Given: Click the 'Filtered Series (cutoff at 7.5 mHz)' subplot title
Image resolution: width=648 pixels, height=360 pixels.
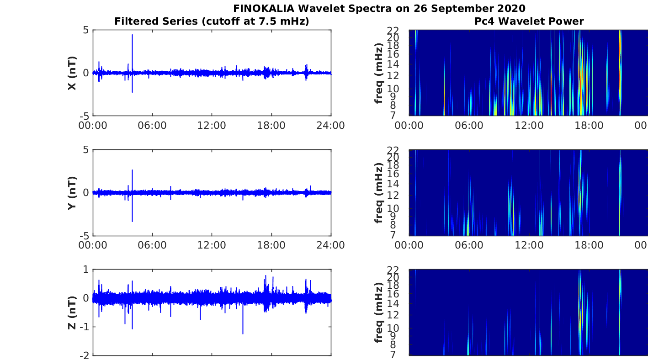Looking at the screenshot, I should (x=212, y=21).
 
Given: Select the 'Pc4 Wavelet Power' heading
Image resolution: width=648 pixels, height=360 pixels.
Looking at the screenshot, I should (x=529, y=21).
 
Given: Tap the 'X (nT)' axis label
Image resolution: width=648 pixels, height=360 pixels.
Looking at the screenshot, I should (x=72, y=73).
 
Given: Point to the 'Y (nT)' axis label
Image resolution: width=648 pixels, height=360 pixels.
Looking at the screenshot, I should (x=72, y=193).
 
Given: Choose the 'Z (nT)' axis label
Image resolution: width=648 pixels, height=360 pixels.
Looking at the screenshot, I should (x=72, y=312).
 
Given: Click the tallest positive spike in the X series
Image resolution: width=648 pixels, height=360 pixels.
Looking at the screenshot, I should (x=132, y=35).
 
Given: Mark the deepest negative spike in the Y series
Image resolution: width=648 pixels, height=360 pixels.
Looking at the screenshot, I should (x=132, y=221).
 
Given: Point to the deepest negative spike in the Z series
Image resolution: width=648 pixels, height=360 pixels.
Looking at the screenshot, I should (x=243, y=334).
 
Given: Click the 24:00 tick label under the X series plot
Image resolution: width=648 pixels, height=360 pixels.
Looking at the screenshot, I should (x=331, y=126).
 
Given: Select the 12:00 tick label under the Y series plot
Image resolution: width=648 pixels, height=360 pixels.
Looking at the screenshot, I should (x=212, y=245).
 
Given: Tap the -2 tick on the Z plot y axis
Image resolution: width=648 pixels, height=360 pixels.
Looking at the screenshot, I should (x=85, y=355).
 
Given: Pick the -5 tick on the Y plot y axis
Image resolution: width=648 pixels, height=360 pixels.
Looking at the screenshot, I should (x=85, y=236).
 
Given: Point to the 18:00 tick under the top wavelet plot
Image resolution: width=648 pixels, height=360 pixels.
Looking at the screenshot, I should (x=589, y=126).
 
